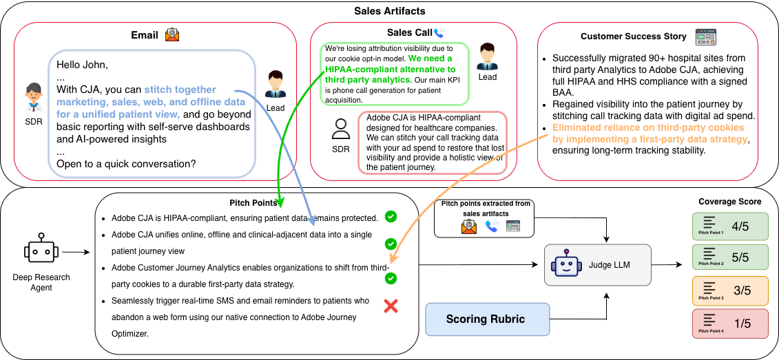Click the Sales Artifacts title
coord(389,10)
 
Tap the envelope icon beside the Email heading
coord(172,35)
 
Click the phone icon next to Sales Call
coord(439,33)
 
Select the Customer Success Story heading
coord(634,36)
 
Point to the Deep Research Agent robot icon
coord(40,252)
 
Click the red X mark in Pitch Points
coord(391,306)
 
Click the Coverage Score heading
coord(730,202)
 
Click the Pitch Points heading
coord(253,203)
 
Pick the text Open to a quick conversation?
coord(126,164)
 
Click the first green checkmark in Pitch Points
coord(391,217)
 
